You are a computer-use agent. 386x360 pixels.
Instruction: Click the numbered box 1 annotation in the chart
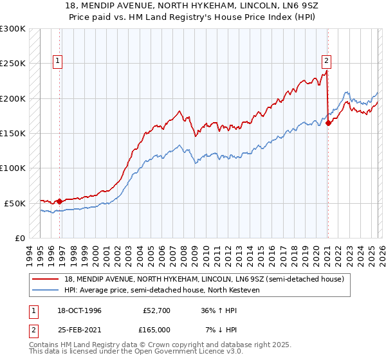[x=57, y=61]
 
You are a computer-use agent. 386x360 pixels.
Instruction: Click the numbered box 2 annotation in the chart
[x=326, y=61]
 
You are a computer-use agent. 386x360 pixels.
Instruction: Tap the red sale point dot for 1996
[x=60, y=201]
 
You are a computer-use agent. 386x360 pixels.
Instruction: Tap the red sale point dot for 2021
[x=328, y=123]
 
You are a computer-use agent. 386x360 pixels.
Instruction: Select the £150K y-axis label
[x=13, y=133]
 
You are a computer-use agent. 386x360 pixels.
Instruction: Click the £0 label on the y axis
[x=19, y=238]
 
